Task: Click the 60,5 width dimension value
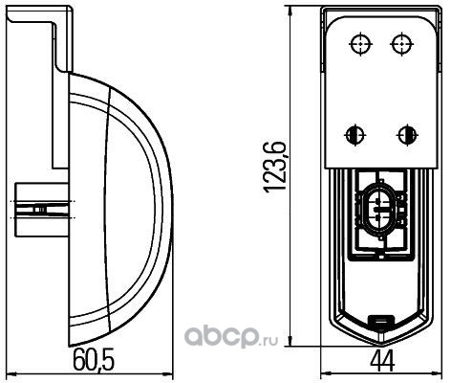click(x=94, y=360)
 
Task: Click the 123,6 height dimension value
click(x=274, y=166)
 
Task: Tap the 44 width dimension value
click(x=382, y=361)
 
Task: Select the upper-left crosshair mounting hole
click(x=360, y=43)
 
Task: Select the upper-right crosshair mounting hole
click(x=402, y=43)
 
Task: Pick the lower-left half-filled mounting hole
click(x=354, y=135)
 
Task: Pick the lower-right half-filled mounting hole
click(x=407, y=135)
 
